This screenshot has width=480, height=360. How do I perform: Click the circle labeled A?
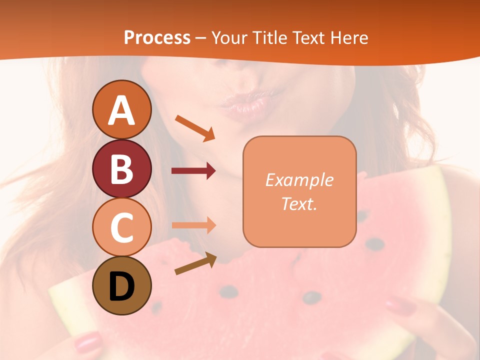pyautogui.click(x=122, y=110)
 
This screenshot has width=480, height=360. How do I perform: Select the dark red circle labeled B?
pyautogui.click(x=122, y=169)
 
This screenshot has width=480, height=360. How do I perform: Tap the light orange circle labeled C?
pyautogui.click(x=122, y=227)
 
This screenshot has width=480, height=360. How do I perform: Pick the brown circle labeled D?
pyautogui.click(x=122, y=285)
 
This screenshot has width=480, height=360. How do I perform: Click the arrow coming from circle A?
pyautogui.click(x=195, y=127)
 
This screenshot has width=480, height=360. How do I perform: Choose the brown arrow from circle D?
pyautogui.click(x=195, y=263)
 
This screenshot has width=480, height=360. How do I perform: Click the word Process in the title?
pyautogui.click(x=157, y=37)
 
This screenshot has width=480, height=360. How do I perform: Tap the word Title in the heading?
pyautogui.click(x=270, y=37)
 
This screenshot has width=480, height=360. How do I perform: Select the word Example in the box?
pyautogui.click(x=299, y=180)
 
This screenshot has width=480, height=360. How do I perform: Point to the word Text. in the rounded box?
pyautogui.click(x=299, y=204)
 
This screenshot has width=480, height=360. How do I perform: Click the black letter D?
pyautogui.click(x=122, y=286)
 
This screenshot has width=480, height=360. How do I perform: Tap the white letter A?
pyautogui.click(x=122, y=110)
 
